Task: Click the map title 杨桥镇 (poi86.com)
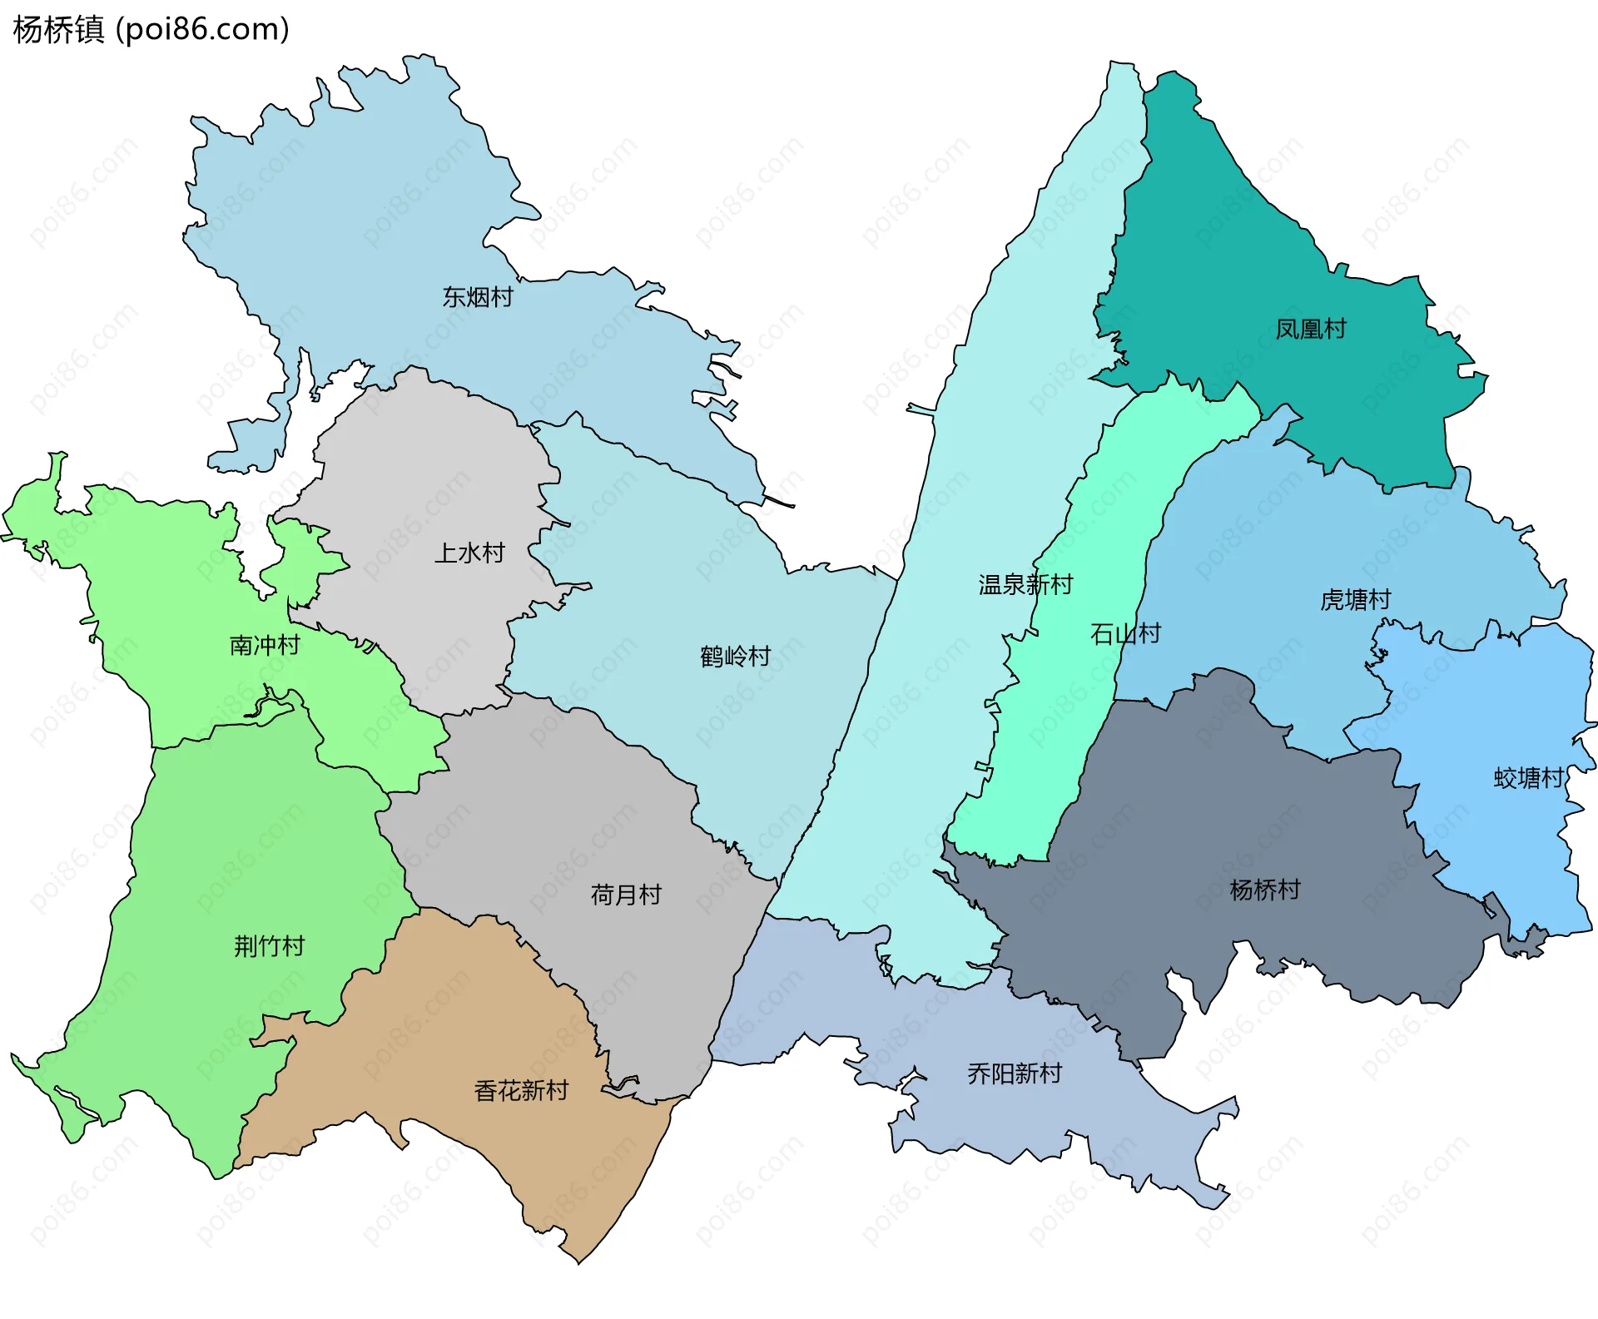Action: point(151,29)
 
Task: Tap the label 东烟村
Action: point(478,297)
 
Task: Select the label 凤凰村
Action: point(1311,329)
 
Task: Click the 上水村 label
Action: point(469,553)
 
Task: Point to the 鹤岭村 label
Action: point(735,657)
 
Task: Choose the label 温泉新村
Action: point(1025,585)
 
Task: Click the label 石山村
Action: point(1125,634)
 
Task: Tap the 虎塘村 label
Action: point(1355,600)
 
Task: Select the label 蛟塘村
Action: point(1529,778)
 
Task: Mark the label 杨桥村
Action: point(1264,890)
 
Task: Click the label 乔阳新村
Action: point(1015,1074)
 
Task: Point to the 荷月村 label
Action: point(626,895)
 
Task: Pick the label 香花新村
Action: point(521,1091)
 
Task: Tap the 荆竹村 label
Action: point(269,946)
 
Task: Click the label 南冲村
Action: point(265,646)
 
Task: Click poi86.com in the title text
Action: point(202,29)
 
